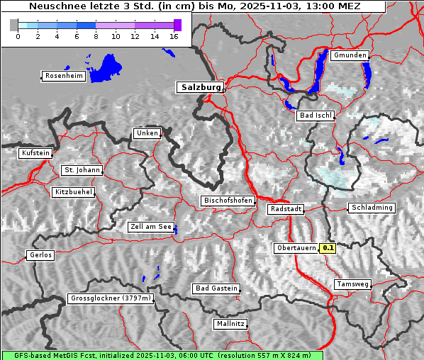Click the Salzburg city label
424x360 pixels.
coord(200,87)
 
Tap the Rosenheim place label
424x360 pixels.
coord(63,76)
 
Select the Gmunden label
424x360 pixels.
coord(350,55)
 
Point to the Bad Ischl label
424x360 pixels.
coord(315,116)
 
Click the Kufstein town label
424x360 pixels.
coord(35,153)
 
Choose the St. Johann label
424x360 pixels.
coord(82,170)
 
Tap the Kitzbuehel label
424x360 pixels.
coord(73,192)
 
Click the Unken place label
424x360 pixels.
coord(147,133)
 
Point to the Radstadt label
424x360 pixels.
coord(286,209)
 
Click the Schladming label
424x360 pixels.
coord(371,208)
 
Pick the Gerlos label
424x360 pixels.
coord(40,255)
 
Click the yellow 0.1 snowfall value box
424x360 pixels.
coord(328,248)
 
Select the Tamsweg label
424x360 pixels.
coord(352,284)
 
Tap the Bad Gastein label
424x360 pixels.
coord(216,288)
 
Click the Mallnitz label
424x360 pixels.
coord(230,324)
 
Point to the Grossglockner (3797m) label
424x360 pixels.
coord(111,299)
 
